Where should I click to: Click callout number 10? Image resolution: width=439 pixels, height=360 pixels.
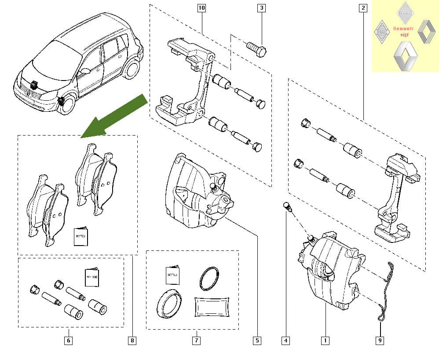[202, 8]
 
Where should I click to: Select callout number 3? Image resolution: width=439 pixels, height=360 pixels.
[262, 8]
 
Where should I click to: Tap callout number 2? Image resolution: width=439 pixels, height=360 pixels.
[363, 8]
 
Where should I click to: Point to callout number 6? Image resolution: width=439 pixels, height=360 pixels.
[68, 340]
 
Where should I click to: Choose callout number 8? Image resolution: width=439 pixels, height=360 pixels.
[132, 340]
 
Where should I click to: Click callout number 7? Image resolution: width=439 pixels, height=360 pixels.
[196, 340]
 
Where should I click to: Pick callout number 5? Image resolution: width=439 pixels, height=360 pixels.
[257, 340]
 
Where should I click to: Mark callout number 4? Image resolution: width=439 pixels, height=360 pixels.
[286, 340]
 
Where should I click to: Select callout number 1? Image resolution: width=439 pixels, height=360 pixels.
[325, 340]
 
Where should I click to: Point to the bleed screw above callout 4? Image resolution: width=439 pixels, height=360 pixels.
[286, 206]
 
